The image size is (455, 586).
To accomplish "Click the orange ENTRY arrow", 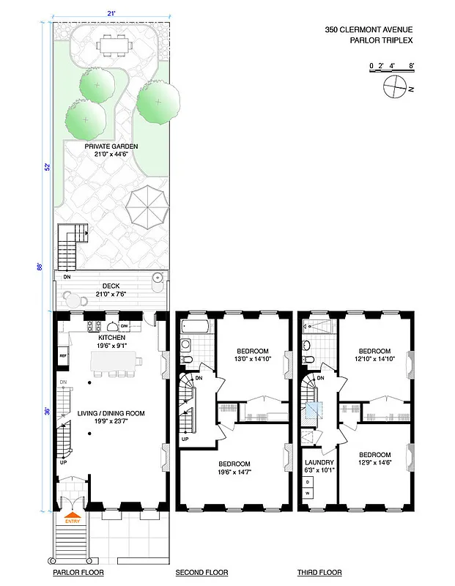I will click(73, 520).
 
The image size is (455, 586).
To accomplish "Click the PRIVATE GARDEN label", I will click(111, 150).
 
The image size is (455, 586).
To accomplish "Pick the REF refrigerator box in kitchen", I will click(64, 357).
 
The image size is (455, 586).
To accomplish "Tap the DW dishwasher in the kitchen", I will click(125, 326).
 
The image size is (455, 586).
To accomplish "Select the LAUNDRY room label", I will click(320, 467).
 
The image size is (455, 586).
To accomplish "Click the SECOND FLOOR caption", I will click(201, 573).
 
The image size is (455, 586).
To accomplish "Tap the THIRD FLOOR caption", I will click(319, 573).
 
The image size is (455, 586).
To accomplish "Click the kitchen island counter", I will click(115, 361).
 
